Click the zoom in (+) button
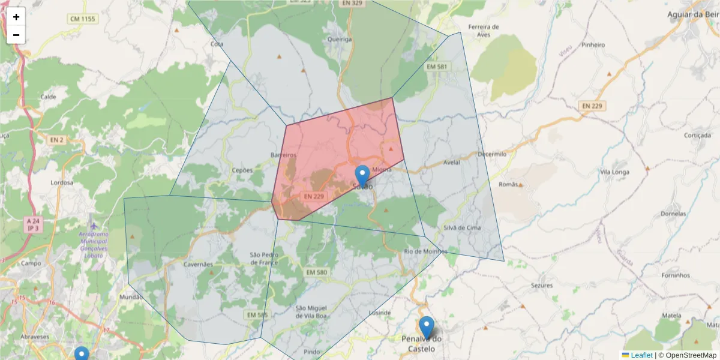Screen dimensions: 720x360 pos(16,17)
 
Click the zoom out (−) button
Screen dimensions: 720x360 pos(16,35)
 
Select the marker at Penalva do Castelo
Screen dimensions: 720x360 pos(426,328)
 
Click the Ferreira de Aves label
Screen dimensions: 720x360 pos(484,31)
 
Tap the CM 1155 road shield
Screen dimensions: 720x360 pos(82,19)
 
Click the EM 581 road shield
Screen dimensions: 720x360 pos(436,66)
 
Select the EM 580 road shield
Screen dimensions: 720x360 pos(316,272)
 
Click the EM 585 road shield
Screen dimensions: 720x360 pos(257,314)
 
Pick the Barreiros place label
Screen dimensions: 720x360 pos(284,155)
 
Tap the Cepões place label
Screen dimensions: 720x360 pos(242,170)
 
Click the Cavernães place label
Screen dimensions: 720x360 pos(198,264)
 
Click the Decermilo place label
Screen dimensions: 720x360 pos(492,154)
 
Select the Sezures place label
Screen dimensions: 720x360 pos(542,286)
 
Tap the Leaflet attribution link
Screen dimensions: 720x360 pos(641,355)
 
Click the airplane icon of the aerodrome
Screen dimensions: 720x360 pos(94,225)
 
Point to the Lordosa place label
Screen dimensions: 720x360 pos(62,182)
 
